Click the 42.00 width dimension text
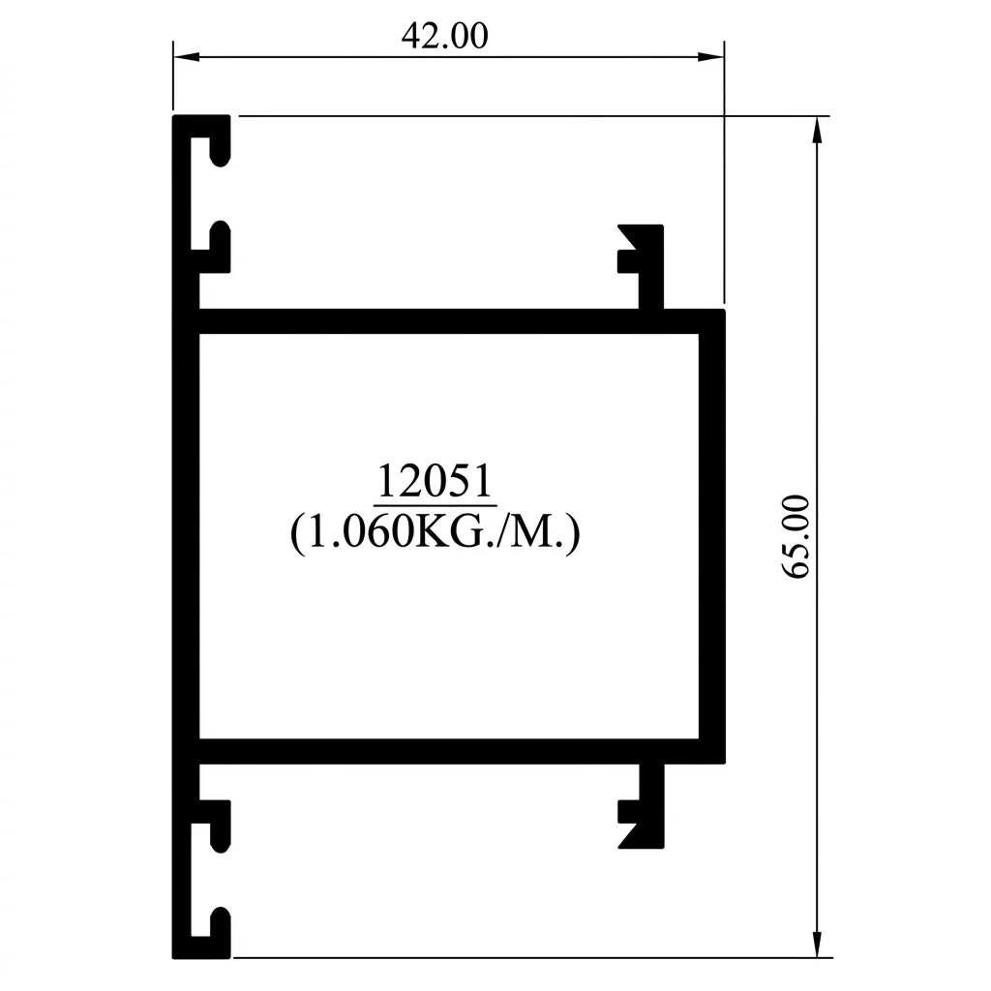444,36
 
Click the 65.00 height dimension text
796,536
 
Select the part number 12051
435,481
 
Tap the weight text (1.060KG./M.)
435,532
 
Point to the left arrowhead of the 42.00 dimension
187,57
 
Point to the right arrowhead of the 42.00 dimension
711,57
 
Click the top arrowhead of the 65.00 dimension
817,130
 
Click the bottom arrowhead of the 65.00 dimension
817,945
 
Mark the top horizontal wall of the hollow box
462,321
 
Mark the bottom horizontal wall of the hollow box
462,751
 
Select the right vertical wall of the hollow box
712,536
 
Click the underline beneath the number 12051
435,505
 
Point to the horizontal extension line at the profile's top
534,116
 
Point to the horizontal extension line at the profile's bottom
533,957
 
